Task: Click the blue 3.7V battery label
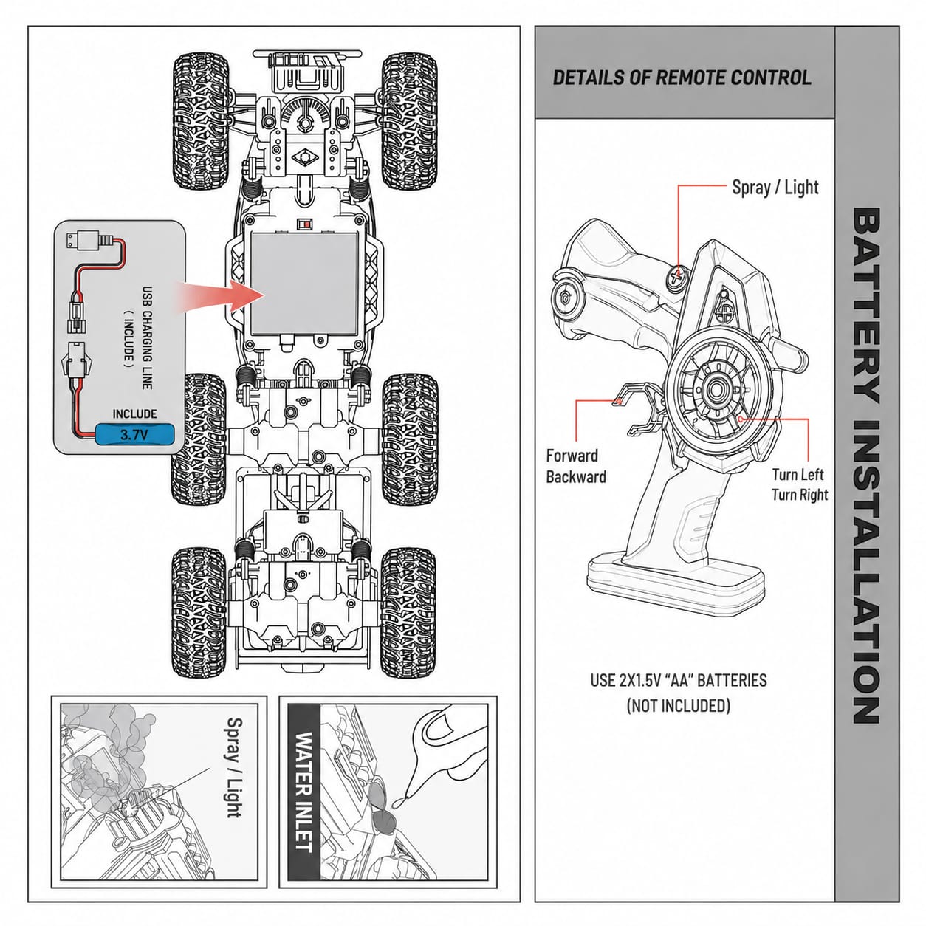(x=134, y=435)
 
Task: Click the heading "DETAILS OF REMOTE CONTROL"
(x=682, y=78)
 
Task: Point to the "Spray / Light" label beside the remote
(x=775, y=187)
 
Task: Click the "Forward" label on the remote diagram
(x=572, y=455)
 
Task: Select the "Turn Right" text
(x=800, y=495)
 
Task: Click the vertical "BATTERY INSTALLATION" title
(x=866, y=466)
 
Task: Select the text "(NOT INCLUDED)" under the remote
(x=678, y=706)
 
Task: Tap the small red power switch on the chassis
(x=303, y=224)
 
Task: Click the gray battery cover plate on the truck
(x=304, y=284)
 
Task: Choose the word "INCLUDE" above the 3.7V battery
(x=134, y=414)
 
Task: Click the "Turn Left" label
(x=798, y=474)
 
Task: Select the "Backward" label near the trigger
(x=576, y=477)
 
